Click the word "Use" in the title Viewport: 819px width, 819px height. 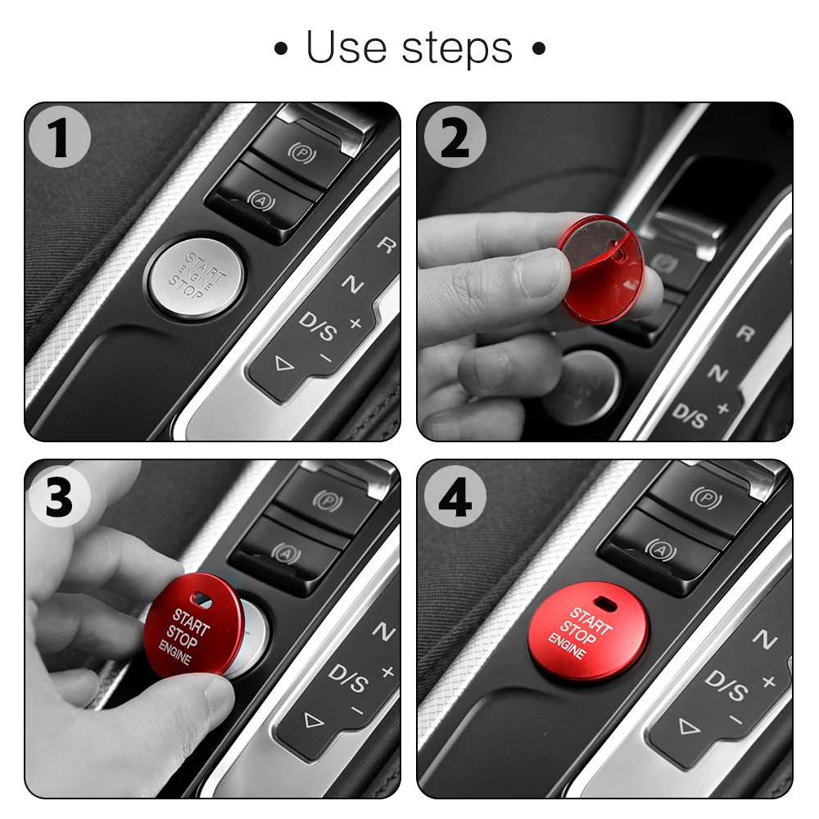pos(346,48)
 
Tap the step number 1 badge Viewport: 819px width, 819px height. pos(59,138)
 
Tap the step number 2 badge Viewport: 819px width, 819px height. pos(455,138)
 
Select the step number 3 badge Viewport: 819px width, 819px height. pos(59,497)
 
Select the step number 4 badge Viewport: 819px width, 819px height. pos(455,497)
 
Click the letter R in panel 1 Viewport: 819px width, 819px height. pos(386,244)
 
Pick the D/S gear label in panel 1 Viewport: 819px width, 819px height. pos(318,326)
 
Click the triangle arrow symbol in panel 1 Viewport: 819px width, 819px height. pos(284,364)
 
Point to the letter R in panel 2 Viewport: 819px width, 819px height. pos(745,333)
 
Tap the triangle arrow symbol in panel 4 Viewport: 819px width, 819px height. pos(689,726)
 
